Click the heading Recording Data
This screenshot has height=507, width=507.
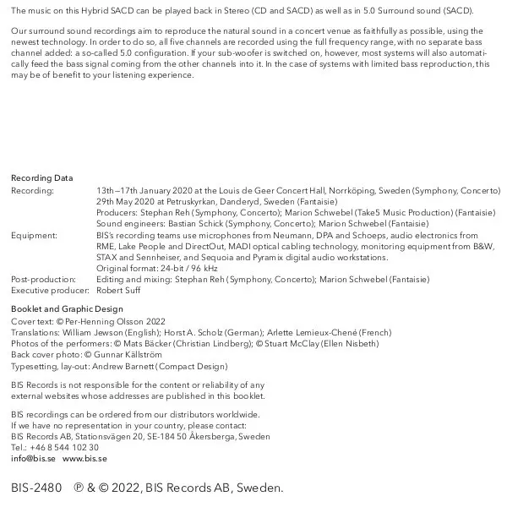click(41, 178)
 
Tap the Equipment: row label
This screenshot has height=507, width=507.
click(34, 236)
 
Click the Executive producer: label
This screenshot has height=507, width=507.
click(50, 291)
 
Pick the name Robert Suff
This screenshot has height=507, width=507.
click(118, 291)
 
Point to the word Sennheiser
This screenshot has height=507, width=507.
click(163, 258)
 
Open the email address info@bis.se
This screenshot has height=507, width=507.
click(33, 459)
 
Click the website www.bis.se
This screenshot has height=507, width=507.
click(84, 459)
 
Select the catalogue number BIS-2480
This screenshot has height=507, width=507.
click(36, 488)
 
